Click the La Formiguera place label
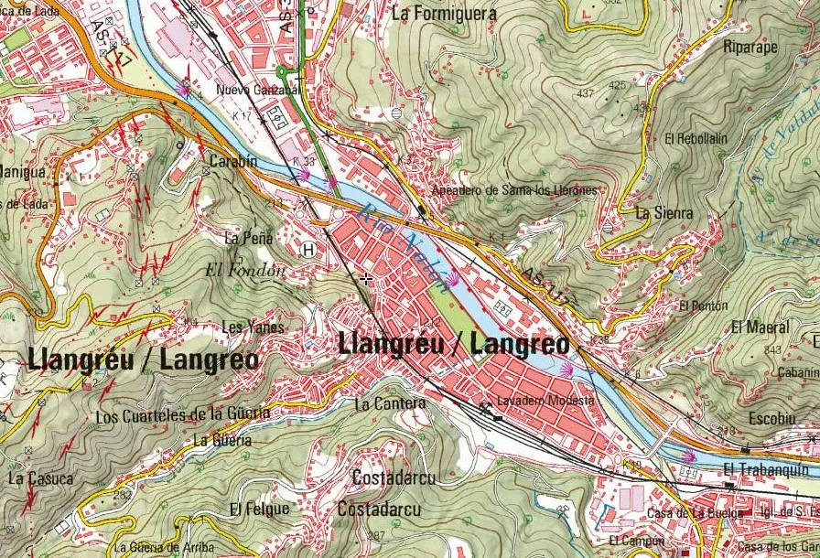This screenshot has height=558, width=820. click(443, 14)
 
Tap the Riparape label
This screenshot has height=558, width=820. click(750, 46)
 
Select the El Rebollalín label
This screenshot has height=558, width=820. click(696, 139)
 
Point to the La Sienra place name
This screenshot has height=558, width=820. click(664, 213)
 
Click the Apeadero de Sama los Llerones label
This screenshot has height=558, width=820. click(518, 190)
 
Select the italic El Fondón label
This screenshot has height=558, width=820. click(246, 270)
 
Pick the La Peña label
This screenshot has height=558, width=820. click(248, 238)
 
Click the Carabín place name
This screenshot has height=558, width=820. click(233, 161)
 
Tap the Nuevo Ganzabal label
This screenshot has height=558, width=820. click(257, 91)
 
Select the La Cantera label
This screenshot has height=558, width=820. click(389, 403)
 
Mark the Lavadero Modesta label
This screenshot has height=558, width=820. click(545, 401)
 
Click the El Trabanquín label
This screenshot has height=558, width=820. click(762, 469)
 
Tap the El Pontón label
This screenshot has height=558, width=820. click(704, 306)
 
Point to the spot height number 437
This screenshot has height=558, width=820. click(586, 93)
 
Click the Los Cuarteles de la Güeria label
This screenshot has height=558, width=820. click(183, 415)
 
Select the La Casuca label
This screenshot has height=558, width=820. click(39, 478)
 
